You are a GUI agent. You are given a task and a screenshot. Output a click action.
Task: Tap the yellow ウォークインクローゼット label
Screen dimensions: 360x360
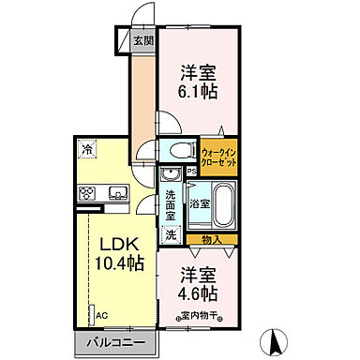[x=218, y=156]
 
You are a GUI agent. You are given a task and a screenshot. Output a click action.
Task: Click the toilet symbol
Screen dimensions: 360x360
[x=178, y=150]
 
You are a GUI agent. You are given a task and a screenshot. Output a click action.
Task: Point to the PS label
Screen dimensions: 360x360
[x=191, y=172]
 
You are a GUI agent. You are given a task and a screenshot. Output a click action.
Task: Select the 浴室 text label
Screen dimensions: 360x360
[x=200, y=202]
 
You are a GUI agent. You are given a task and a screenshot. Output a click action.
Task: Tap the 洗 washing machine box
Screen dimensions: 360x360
[x=172, y=236]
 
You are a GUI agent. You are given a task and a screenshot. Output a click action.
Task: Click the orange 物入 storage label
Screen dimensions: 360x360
[x=212, y=240]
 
